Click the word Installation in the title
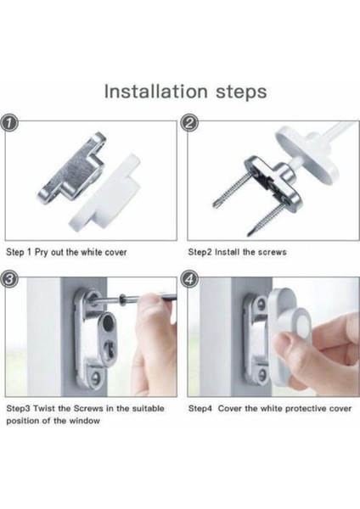tap(156, 92)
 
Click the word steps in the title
tap(241, 92)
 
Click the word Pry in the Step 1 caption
tap(42, 253)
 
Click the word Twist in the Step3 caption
tap(44, 408)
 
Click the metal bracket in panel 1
tap(72, 167)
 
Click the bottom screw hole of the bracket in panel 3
tap(95, 377)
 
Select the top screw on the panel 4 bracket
tap(261, 303)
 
